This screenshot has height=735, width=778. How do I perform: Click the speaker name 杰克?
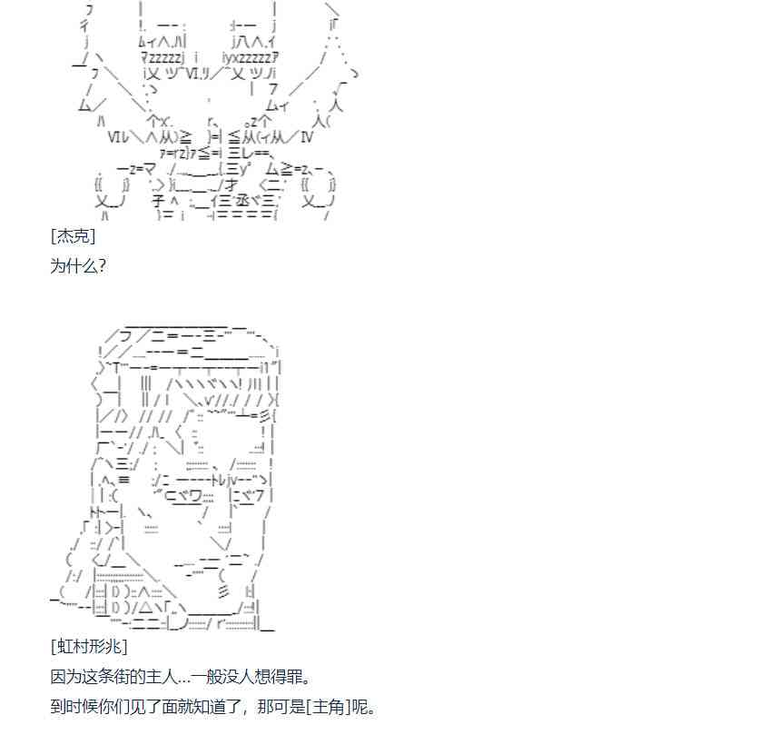point(74,236)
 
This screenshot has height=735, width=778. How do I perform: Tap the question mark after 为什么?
point(102,265)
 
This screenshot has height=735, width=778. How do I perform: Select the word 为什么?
point(74,265)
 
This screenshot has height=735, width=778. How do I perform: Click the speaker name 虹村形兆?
point(89,646)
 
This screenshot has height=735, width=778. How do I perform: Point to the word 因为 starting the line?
point(66,676)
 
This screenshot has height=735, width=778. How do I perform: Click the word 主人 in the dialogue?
point(162,676)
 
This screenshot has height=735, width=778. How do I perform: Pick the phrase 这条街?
point(105,676)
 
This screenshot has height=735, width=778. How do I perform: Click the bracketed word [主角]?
point(329,707)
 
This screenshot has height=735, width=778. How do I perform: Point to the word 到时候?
point(74,707)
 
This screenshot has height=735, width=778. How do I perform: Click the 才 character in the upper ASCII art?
point(231,185)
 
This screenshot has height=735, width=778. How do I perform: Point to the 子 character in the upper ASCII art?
point(158,201)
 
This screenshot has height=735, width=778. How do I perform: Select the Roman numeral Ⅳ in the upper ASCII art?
point(307,136)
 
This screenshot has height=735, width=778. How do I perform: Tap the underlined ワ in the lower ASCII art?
point(195,496)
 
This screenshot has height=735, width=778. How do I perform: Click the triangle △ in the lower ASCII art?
point(145,607)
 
